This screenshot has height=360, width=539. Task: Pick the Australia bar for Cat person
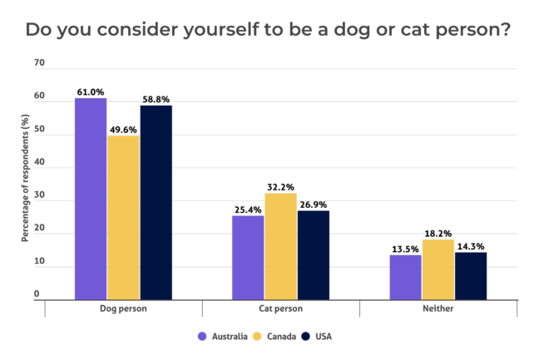pyautogui.click(x=248, y=257)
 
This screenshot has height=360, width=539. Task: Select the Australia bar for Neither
pyautogui.click(x=405, y=276)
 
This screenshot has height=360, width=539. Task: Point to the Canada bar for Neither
pyautogui.click(x=438, y=269)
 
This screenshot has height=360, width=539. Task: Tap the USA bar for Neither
pyautogui.click(x=471, y=275)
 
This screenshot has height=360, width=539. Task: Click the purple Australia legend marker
pyautogui.click(x=202, y=337)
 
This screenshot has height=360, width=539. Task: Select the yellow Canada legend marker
pyautogui.click(x=258, y=337)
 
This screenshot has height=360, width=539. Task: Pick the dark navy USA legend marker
pyautogui.click(x=307, y=337)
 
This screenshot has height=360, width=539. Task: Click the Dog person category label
pyautogui.click(x=123, y=308)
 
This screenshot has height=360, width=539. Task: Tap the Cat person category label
pyautogui.click(x=280, y=308)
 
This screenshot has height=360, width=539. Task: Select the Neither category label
pyautogui.click(x=438, y=308)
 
